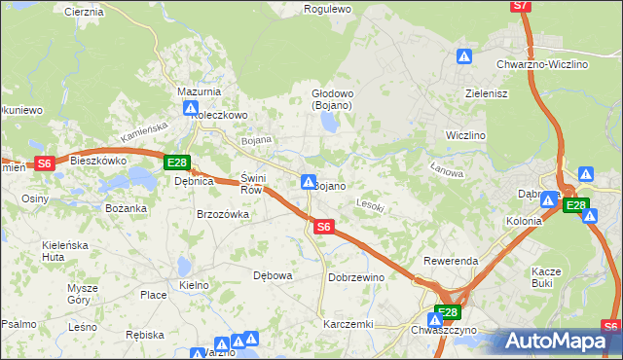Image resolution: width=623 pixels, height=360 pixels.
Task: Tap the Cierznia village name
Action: pos(83,12)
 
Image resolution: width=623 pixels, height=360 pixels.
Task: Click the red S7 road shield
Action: pos(522,6)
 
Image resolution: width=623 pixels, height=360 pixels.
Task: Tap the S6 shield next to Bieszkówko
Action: pos(44,163)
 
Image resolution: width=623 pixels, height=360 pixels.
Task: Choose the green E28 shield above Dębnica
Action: pos(176,162)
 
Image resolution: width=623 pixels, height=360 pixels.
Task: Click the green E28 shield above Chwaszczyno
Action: pos(447,312)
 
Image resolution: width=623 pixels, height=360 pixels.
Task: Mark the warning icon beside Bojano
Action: pos(308,182)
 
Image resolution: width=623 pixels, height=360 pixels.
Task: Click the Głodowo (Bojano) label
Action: pos(332,99)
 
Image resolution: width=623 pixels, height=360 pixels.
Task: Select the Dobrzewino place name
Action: pos(356,277)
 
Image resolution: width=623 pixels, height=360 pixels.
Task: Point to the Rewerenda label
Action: pos(450,262)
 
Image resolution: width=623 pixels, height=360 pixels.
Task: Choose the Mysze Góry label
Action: pos(83,294)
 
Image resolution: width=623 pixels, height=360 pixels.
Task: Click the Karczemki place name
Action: pos(348,323)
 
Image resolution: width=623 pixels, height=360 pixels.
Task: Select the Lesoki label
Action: pos(371,206)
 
